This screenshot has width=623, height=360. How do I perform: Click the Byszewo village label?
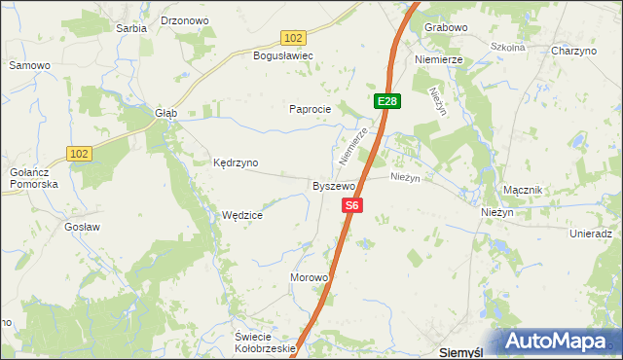click(x=333, y=185)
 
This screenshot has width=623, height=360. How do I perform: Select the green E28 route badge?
click(x=386, y=101)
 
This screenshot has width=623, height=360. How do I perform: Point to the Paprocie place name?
click(x=311, y=109)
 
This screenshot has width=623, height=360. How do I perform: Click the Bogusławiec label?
click(x=282, y=55)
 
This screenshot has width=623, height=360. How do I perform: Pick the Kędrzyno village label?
click(x=236, y=162)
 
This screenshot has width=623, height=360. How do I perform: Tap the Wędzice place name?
click(x=242, y=215)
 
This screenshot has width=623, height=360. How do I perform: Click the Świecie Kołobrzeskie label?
click(x=265, y=342)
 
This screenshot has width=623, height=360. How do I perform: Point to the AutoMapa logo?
click(x=559, y=342)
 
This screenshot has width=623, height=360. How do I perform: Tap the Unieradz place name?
click(x=591, y=234)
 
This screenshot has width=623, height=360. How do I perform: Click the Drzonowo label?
click(x=185, y=19)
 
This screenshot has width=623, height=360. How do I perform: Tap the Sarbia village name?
click(x=131, y=28)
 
